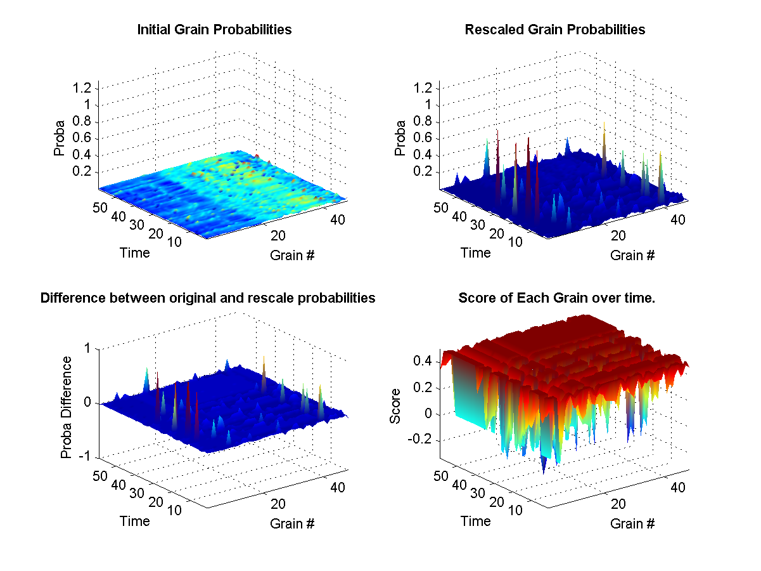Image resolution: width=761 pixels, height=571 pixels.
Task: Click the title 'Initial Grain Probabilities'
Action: [x=214, y=30]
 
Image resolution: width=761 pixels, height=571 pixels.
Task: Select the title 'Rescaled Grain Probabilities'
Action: [x=554, y=30]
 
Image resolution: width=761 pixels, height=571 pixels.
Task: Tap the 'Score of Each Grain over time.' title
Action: [x=556, y=298]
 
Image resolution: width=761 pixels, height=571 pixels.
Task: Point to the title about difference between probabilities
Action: [x=208, y=298]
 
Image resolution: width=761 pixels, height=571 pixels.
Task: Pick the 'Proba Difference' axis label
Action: [x=66, y=407]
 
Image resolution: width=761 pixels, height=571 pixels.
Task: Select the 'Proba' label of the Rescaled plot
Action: [x=400, y=140]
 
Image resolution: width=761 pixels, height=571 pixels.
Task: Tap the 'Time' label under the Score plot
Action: [x=475, y=521]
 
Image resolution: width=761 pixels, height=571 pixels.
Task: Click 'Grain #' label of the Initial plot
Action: [x=292, y=256]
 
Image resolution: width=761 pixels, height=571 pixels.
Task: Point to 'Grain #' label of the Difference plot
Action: [x=292, y=524]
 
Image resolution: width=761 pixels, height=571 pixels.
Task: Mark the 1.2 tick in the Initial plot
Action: [x=83, y=88]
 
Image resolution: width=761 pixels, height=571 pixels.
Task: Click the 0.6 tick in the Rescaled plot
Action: [x=423, y=138]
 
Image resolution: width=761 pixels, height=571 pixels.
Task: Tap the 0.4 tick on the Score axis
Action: [x=423, y=361]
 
